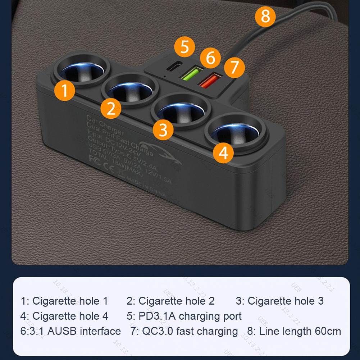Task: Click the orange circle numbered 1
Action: coord(65,90)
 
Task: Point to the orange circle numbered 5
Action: coord(184,47)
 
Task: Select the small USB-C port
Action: coord(172,68)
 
